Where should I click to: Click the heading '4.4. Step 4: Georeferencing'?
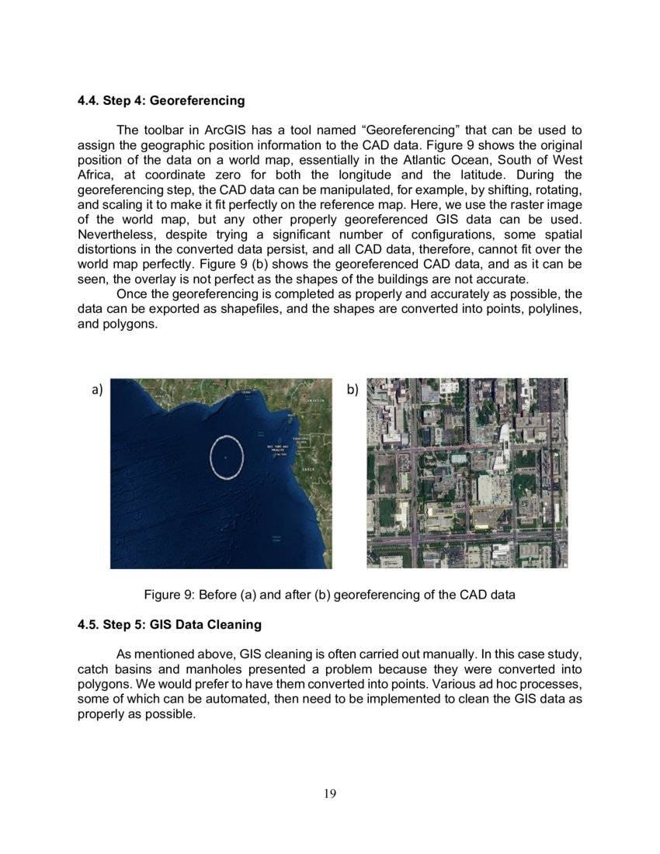click(161, 101)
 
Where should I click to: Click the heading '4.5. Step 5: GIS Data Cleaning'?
click(169, 624)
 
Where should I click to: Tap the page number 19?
click(330, 793)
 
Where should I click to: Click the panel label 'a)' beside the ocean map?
click(98, 390)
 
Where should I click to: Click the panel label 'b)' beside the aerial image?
click(353, 390)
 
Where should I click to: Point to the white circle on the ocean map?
click(227, 457)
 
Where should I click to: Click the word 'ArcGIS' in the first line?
click(229, 130)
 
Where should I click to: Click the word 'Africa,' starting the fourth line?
click(97, 174)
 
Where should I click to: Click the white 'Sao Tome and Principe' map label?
click(277, 448)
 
